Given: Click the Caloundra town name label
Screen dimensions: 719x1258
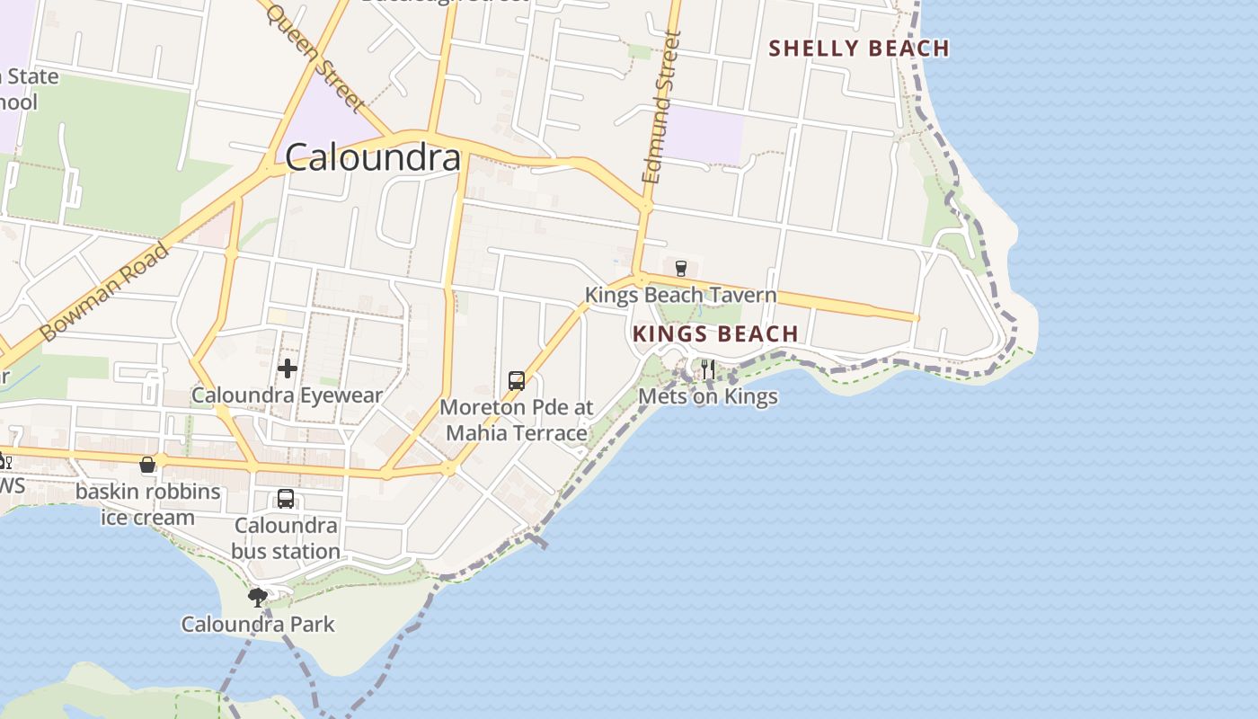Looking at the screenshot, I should tap(373, 157).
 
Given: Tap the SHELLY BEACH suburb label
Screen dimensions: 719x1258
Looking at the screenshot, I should tap(859, 49).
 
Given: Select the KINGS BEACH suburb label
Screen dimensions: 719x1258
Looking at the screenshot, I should tap(715, 334).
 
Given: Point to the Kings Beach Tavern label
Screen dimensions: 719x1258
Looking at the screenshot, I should tap(680, 295).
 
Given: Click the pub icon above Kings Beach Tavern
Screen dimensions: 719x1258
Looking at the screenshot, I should tap(680, 268).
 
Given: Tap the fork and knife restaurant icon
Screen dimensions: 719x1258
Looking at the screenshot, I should tap(708, 369).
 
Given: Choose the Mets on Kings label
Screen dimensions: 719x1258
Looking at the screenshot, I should tap(707, 396).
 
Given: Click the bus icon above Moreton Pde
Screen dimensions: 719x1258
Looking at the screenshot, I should tap(516, 380).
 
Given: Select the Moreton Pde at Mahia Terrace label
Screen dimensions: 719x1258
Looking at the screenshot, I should tap(517, 420).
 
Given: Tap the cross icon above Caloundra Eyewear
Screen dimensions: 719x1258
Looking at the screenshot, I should tap(288, 368).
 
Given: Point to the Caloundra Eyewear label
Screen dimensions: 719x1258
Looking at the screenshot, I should tap(288, 395).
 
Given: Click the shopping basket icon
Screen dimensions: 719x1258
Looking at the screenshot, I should tap(147, 465).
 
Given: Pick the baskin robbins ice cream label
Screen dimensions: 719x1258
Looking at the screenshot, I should tap(147, 504).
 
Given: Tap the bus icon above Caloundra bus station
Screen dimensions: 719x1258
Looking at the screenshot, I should tap(286, 499).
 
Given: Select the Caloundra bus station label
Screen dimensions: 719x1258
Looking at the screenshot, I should tap(286, 537).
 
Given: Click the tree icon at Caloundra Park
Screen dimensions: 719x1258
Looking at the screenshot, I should tap(258, 597).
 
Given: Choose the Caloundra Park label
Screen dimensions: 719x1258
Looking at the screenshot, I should tap(258, 624).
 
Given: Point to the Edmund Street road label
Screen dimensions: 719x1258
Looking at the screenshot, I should tap(663, 108).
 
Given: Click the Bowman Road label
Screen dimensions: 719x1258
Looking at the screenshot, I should tap(105, 291).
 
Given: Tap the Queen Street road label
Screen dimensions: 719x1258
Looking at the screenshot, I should tap(316, 57).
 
